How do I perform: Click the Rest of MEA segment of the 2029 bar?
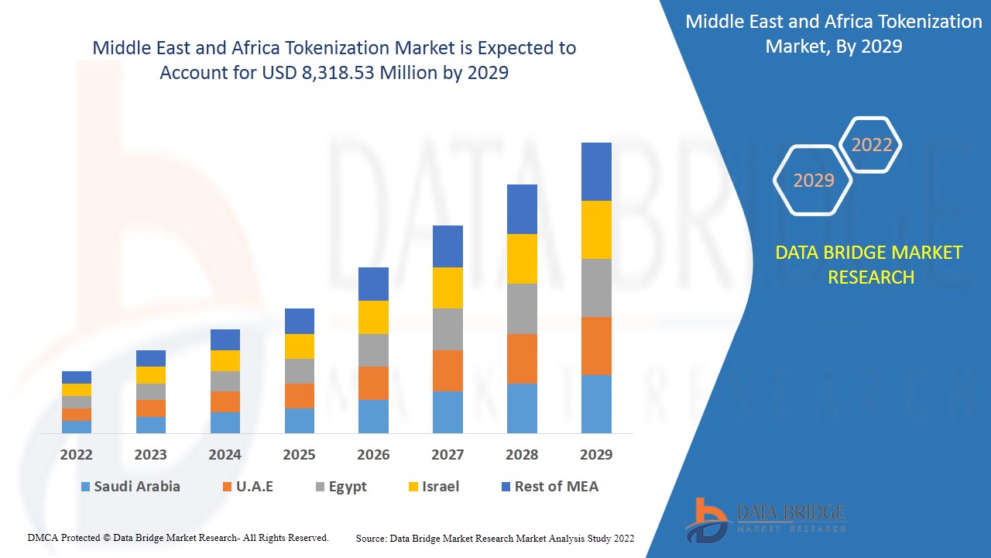596,171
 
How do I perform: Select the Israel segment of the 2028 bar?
522,259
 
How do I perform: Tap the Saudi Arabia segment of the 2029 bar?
596,404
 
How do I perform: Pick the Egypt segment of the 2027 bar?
447,329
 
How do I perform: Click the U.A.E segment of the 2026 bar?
373,383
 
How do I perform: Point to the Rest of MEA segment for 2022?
77,377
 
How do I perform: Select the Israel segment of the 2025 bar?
299,346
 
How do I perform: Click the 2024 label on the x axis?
225,455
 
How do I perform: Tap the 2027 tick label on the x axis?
447,455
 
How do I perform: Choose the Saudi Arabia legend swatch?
85,487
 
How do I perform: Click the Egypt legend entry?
340,487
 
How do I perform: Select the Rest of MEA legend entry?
549,487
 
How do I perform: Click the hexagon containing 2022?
871,145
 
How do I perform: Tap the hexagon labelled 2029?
813,181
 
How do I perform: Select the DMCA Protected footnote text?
178,537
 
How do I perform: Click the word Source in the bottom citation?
371,538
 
